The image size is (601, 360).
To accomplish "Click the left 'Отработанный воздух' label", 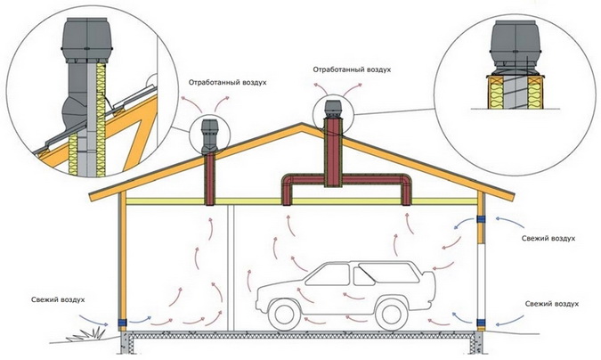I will pyautogui.click(x=227, y=82).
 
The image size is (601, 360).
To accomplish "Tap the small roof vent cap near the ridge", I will pyautogui.click(x=333, y=111).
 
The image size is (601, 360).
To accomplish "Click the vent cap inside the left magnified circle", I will pyautogui.click(x=87, y=36).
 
